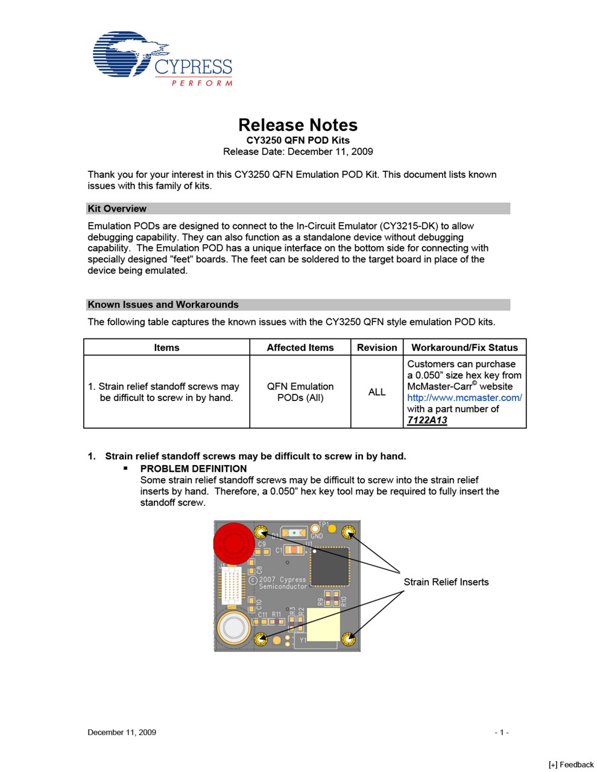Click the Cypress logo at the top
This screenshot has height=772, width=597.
[162, 59]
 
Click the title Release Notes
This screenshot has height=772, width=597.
[298, 125]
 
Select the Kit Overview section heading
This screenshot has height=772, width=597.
[117, 209]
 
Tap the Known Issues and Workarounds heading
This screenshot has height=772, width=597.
[163, 305]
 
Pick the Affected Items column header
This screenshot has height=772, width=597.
[300, 347]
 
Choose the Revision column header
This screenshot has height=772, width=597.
[377, 347]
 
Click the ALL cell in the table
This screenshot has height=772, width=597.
[377, 392]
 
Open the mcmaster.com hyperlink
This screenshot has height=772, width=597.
[464, 397]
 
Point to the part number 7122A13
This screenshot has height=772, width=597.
[427, 420]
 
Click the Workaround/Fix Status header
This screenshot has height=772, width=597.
[464, 347]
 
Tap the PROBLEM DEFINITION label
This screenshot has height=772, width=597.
[194, 469]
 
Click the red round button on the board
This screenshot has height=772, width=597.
[234, 542]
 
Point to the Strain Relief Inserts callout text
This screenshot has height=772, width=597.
[446, 582]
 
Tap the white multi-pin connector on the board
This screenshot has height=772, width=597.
[229, 586]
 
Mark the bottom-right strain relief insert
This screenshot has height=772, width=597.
[348, 639]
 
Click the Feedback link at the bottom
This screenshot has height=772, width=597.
[571, 765]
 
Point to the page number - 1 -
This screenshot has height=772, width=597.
[502, 732]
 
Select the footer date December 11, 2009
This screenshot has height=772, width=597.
[122, 732]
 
